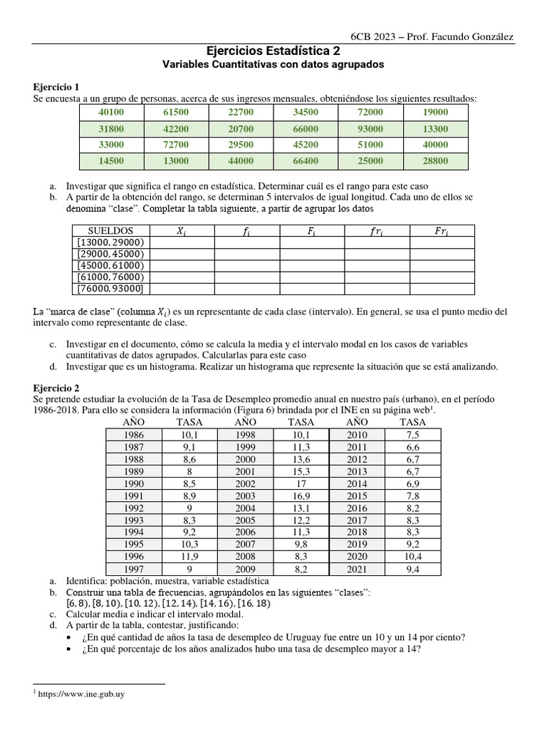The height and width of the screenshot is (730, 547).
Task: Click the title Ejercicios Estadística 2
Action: [273, 51]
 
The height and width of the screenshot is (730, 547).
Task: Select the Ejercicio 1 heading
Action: [58, 87]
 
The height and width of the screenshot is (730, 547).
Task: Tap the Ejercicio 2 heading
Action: [58, 388]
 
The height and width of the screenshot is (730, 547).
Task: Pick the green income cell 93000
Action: [370, 129]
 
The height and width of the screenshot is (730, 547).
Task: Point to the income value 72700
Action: [176, 145]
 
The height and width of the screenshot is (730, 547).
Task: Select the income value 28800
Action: [435, 162]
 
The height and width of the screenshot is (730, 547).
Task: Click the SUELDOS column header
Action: [110, 231]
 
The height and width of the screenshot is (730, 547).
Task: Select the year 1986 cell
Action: [133, 434]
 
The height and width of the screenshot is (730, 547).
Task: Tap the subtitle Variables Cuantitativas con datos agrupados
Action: [273, 64]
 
